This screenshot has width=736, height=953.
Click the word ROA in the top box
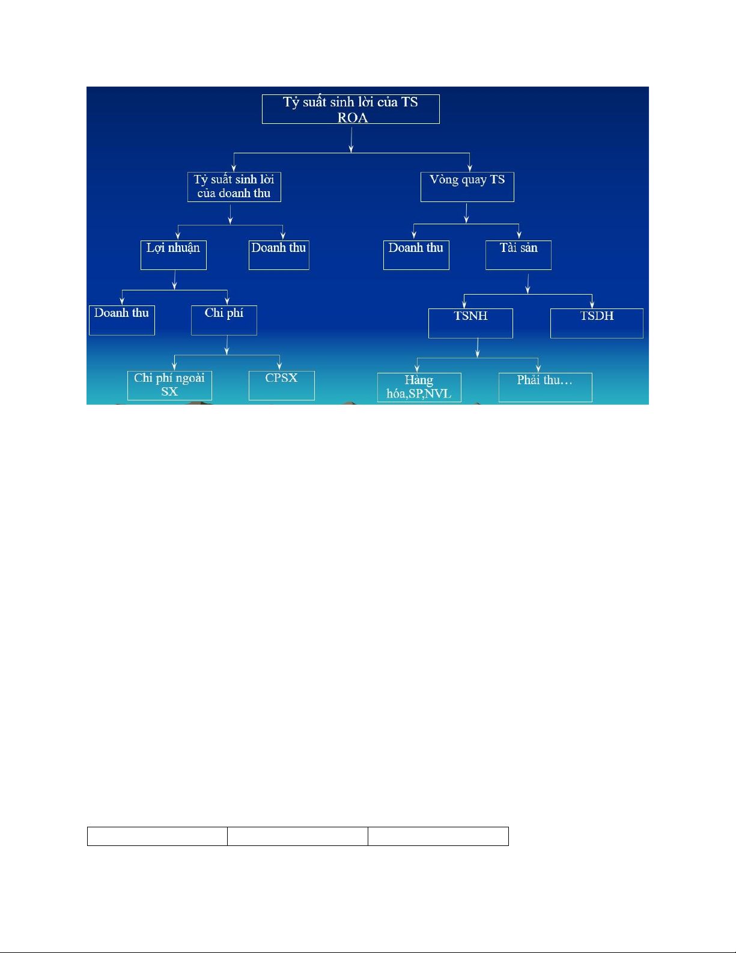pyautogui.click(x=352, y=117)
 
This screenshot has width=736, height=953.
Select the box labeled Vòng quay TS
pyautogui.click(x=467, y=186)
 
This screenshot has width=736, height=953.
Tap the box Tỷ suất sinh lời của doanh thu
pyautogui.click(x=234, y=186)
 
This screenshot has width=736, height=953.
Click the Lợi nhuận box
pyautogui.click(x=173, y=255)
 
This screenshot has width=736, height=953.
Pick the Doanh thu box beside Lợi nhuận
pyautogui.click(x=279, y=255)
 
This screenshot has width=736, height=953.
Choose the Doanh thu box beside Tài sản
pyautogui.click(x=416, y=255)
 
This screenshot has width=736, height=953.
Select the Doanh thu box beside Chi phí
pyautogui.click(x=121, y=320)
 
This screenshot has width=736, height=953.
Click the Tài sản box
pyautogui.click(x=518, y=255)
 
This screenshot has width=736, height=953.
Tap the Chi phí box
pyautogui.click(x=224, y=320)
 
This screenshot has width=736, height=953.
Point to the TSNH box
pyautogui.click(x=470, y=323)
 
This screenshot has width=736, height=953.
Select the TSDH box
pyautogui.click(x=597, y=323)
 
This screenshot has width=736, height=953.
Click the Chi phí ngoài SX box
pyautogui.click(x=169, y=385)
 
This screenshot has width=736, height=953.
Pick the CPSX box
pyautogui.click(x=281, y=385)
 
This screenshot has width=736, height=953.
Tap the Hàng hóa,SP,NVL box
pyautogui.click(x=419, y=387)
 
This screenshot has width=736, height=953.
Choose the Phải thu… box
pyautogui.click(x=545, y=387)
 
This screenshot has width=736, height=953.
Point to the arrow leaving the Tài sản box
pyautogui.click(x=528, y=283)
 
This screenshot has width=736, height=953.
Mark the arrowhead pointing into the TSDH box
pyautogui.click(x=592, y=305)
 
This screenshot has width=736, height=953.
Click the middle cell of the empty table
pyautogui.click(x=297, y=836)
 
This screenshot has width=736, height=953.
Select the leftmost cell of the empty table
pyautogui.click(x=157, y=836)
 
